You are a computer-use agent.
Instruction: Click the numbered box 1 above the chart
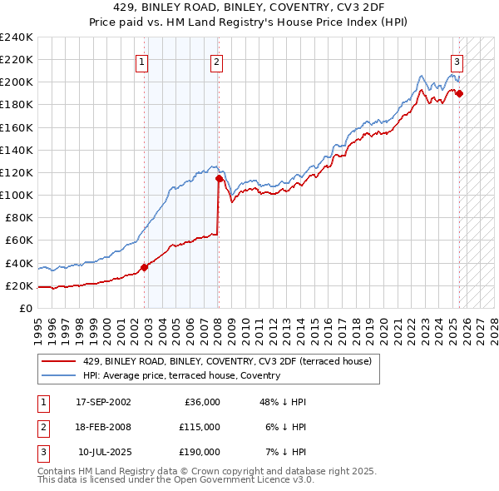click(142, 62)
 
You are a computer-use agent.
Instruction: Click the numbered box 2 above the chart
click(216, 62)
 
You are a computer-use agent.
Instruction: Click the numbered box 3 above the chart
click(457, 62)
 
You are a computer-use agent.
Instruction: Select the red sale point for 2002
click(144, 267)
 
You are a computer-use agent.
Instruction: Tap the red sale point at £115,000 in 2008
click(219, 178)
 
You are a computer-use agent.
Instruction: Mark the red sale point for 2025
click(459, 93)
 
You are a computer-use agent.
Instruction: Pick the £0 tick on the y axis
click(26, 308)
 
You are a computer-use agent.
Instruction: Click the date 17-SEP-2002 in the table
click(103, 402)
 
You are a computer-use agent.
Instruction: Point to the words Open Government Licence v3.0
click(240, 480)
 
